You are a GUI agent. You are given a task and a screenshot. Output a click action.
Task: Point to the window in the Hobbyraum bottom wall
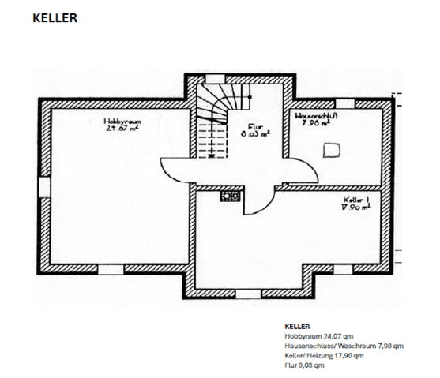click(x=106, y=269)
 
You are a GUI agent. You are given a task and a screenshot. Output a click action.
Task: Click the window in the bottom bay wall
click(x=249, y=294)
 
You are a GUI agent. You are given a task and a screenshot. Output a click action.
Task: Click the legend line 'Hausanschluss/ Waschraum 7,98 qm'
click(x=344, y=346)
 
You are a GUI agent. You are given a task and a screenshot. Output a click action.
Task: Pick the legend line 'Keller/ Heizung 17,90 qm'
click(x=325, y=357)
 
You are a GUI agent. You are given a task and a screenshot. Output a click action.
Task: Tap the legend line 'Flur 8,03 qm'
click(x=304, y=366)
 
